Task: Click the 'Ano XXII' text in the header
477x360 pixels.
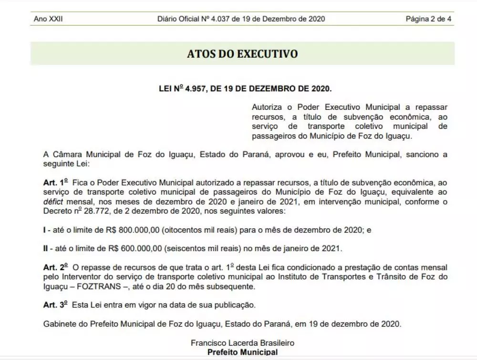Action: click(48, 19)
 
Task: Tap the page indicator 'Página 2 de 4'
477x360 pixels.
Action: click(429, 19)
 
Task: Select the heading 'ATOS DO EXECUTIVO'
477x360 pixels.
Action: click(242, 53)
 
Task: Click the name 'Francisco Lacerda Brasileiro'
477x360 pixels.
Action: click(242, 343)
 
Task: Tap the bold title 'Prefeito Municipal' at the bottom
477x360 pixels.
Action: click(242, 352)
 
